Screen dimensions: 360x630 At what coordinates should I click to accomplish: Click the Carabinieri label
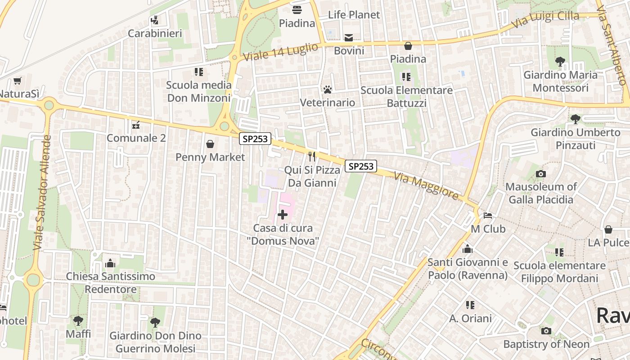(x=155, y=33)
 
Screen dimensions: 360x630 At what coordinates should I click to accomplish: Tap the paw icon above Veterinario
(x=327, y=90)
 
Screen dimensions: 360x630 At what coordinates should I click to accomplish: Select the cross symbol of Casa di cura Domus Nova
(x=283, y=215)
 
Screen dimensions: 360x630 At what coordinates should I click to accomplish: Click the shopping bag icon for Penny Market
(x=210, y=144)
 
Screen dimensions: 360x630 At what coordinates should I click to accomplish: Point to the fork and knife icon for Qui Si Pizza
(x=312, y=157)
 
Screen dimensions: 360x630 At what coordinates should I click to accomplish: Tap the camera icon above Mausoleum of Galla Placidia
(x=541, y=174)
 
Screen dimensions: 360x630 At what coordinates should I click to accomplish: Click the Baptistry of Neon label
(x=546, y=344)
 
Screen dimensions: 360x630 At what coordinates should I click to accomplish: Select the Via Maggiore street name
(x=426, y=186)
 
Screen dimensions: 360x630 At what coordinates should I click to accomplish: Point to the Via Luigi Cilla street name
(x=545, y=19)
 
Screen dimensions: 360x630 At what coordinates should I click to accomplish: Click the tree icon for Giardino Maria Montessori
(x=560, y=62)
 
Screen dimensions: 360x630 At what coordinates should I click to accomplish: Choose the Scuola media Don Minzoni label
(x=199, y=91)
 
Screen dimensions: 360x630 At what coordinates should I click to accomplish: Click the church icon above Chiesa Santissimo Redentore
(x=110, y=263)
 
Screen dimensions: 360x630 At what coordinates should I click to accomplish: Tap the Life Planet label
(x=354, y=14)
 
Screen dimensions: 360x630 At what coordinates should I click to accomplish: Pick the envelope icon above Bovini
(x=349, y=37)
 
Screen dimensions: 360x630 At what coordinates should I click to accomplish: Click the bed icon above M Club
(x=488, y=216)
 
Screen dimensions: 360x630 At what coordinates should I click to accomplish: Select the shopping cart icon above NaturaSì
(x=18, y=81)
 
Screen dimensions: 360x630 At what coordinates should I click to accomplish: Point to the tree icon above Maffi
(x=78, y=321)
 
